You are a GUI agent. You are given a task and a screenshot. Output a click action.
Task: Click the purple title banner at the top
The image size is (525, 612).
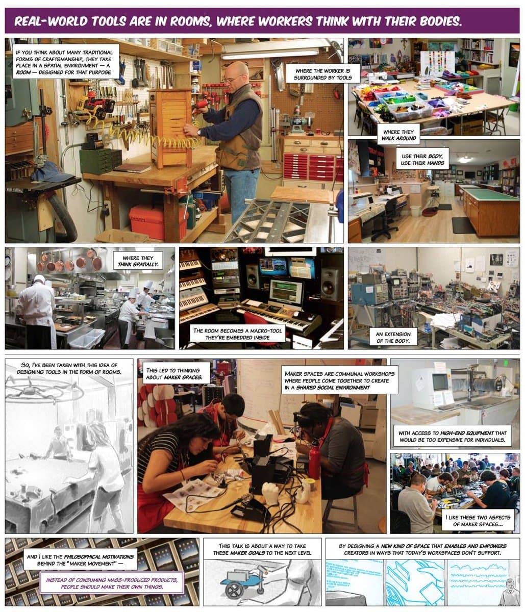262,21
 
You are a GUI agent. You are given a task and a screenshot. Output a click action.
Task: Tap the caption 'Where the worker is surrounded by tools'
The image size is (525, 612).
322,73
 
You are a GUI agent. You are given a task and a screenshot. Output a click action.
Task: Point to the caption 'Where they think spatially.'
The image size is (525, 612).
138,261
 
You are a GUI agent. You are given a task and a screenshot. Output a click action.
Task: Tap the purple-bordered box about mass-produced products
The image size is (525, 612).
112,583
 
